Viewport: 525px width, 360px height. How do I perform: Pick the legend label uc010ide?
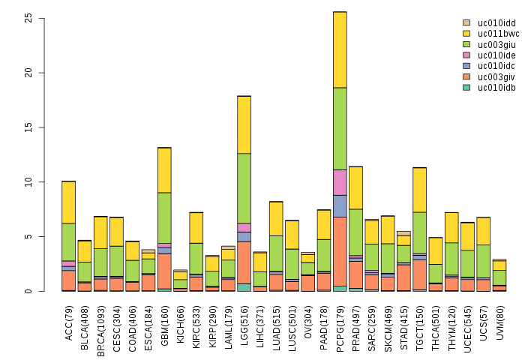point(496,55)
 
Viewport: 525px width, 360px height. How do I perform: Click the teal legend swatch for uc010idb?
point(466,88)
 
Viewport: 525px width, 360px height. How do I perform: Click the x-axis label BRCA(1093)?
point(101,325)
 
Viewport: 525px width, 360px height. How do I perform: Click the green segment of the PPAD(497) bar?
point(355,232)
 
